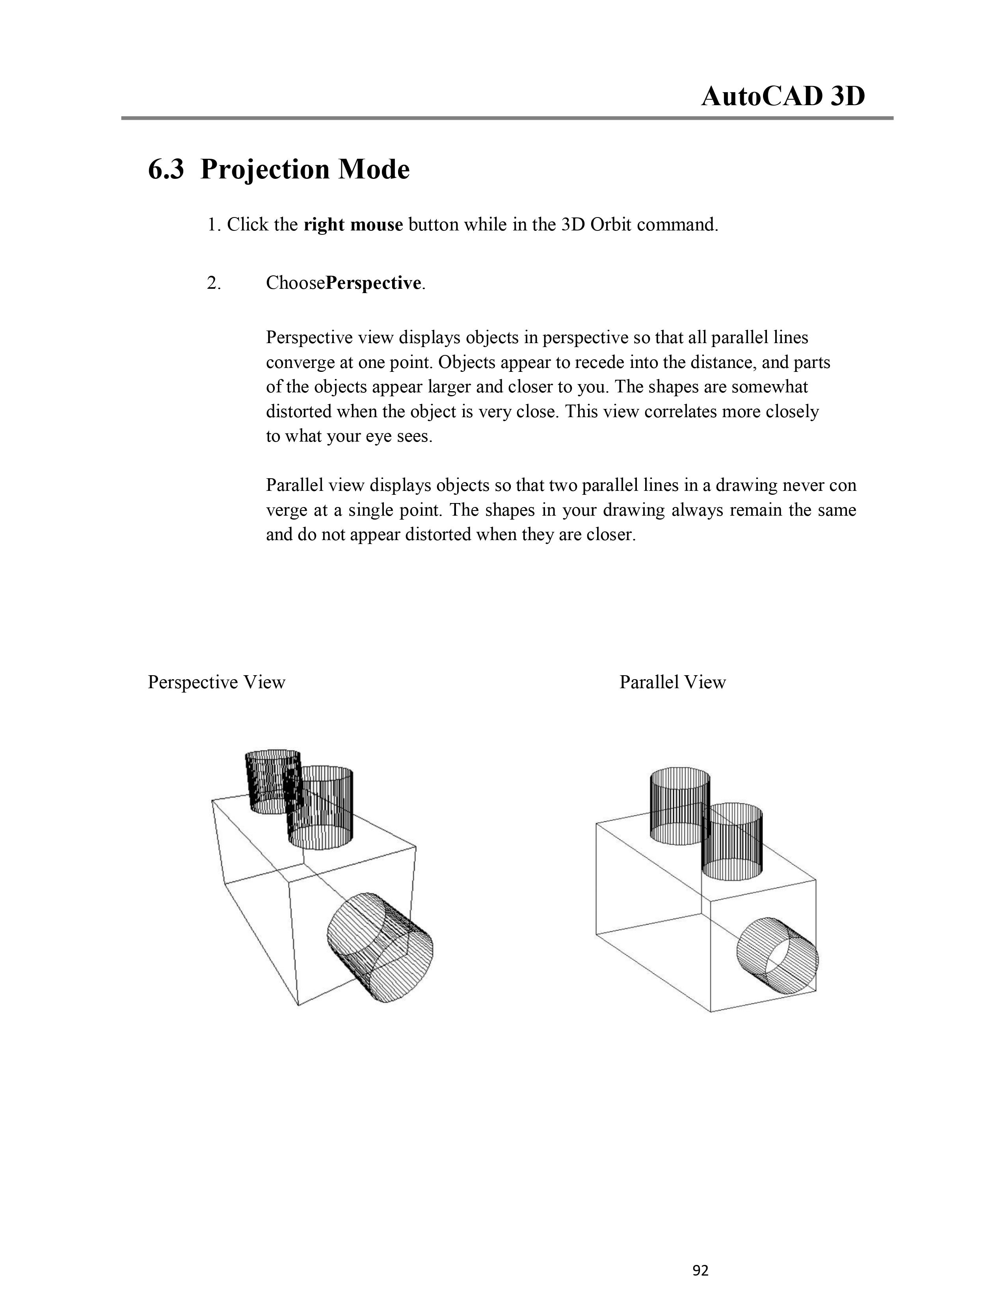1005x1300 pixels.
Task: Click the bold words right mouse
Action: click(353, 225)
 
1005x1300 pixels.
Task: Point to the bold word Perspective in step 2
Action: click(373, 283)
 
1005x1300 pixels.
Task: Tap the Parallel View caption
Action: click(672, 682)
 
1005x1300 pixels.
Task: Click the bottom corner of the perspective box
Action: click(298, 1005)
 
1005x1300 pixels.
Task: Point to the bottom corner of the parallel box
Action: click(711, 1011)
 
